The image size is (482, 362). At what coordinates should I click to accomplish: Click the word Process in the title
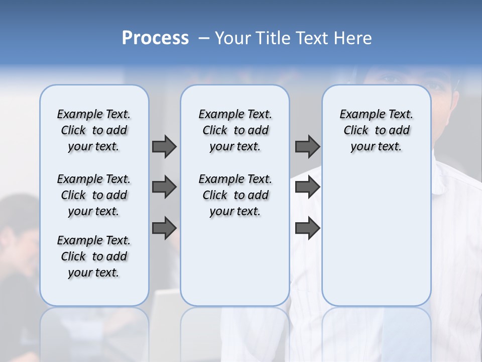click(x=155, y=38)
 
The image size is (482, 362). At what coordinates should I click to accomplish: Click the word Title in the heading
click(x=273, y=38)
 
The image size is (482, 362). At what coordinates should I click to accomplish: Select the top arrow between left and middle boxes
click(x=164, y=146)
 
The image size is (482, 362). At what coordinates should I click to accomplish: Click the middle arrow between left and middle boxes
click(x=164, y=187)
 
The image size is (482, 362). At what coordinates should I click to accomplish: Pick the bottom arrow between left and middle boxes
click(x=164, y=228)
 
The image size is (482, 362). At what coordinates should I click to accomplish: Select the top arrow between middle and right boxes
click(x=307, y=146)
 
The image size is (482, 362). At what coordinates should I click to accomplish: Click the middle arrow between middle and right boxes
click(x=307, y=187)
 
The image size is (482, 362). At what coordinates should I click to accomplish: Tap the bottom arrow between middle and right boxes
click(x=307, y=228)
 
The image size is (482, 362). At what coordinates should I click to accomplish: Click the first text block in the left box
click(x=94, y=130)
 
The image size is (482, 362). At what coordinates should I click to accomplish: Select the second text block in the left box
click(x=94, y=195)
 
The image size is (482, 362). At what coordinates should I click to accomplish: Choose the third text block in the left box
click(x=94, y=256)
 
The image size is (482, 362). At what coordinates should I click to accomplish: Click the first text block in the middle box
click(x=235, y=130)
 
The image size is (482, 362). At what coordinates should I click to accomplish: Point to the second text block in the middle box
click(x=235, y=195)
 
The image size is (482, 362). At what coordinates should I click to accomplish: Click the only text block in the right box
click(x=377, y=130)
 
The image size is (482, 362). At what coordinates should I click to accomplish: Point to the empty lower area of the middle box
click(x=235, y=261)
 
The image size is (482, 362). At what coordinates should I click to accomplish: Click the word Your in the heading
click(x=233, y=38)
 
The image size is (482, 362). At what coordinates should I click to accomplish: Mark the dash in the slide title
click(x=204, y=38)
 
